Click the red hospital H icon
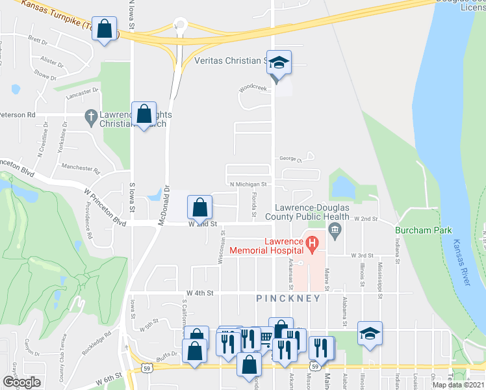point(313,245)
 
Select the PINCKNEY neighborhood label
point(288,298)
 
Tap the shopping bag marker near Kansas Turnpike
point(105,29)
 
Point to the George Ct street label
point(290,158)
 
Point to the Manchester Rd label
point(80,170)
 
